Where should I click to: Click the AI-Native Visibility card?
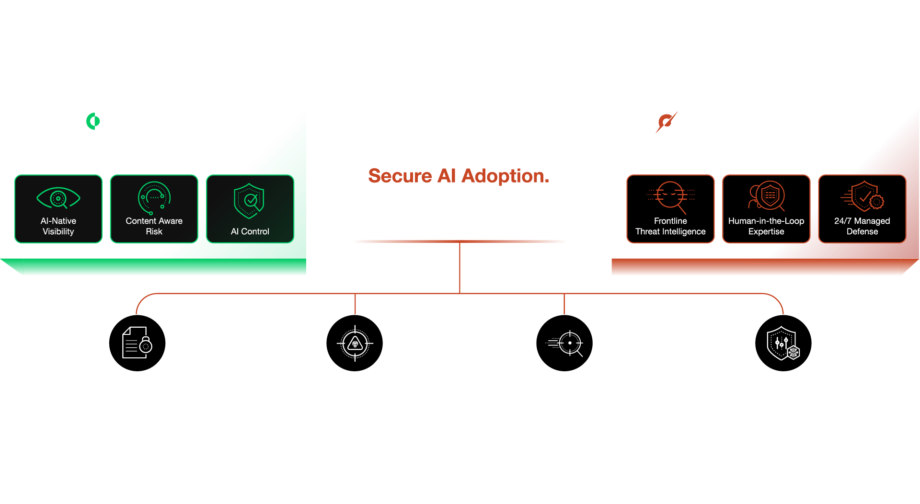pos(58,209)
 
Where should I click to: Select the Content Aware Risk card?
pos(154,209)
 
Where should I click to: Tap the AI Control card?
pos(250,209)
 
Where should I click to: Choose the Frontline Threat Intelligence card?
pos(670,209)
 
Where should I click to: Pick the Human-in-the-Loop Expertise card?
pos(766,209)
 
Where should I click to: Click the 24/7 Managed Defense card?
pos(862,209)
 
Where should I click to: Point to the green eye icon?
pos(58,198)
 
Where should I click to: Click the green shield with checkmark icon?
pos(249,201)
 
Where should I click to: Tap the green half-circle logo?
pos(93,121)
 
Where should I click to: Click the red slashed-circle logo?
pos(666,122)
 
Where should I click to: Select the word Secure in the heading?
pos(400,176)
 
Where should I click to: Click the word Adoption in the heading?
pos(505,176)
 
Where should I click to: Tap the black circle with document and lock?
pos(138,343)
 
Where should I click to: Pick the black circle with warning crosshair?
pos(355,343)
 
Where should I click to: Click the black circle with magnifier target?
pos(564,343)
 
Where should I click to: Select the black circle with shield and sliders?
pos(783,343)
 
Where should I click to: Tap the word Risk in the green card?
pos(154,231)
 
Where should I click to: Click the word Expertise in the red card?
pos(766,232)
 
